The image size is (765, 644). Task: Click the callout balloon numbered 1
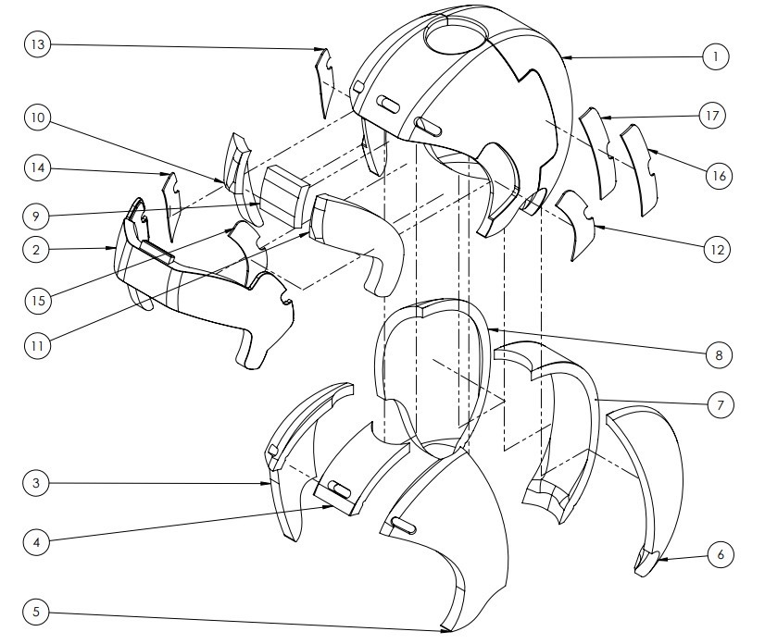point(716,56)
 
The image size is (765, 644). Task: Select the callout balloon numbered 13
point(37,44)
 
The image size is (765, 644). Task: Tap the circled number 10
point(37,118)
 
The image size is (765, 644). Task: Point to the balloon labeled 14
point(37,168)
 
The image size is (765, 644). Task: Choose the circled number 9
point(36,216)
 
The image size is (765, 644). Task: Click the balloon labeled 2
point(36,250)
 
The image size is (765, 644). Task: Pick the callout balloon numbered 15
point(38,301)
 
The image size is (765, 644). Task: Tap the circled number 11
point(37,346)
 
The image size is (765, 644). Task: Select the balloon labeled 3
point(36,483)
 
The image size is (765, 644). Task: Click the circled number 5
point(36,612)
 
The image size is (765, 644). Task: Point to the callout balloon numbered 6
point(721,554)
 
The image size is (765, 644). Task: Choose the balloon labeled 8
point(719,355)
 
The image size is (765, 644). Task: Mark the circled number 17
point(712,116)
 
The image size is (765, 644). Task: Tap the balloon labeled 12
point(717,250)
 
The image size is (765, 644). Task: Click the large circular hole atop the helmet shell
point(456,33)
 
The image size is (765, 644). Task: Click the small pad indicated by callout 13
point(325,80)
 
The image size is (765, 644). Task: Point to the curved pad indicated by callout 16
point(640,169)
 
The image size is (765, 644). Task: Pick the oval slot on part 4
point(339,489)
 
